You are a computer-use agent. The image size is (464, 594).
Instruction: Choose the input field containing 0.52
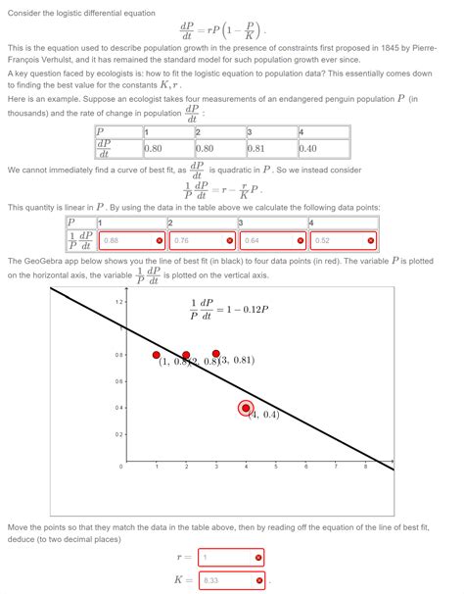tap(342, 240)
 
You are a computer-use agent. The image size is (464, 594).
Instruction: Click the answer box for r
tap(231, 558)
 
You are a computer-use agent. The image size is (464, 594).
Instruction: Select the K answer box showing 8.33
tap(231, 581)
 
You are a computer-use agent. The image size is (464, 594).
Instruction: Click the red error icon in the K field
tap(259, 581)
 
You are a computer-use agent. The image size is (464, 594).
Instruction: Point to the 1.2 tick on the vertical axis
tap(118, 301)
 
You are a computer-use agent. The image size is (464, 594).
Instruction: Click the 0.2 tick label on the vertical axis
tap(118, 434)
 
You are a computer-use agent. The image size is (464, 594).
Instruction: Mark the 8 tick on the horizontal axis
tap(364, 467)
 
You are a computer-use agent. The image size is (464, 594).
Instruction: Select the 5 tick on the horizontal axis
tap(275, 467)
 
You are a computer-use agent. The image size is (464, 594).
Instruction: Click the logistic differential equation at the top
tap(231, 26)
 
